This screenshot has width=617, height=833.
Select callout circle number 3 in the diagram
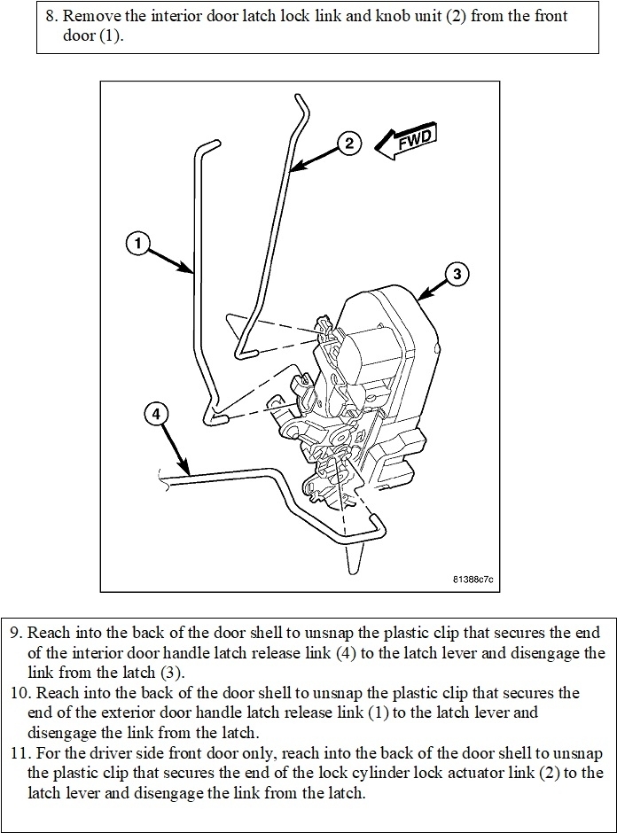point(456,274)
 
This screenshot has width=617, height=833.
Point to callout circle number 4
point(155,414)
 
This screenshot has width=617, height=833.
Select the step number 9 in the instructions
point(15,634)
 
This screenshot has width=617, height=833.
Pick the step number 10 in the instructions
point(19,691)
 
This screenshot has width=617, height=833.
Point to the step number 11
point(19,753)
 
